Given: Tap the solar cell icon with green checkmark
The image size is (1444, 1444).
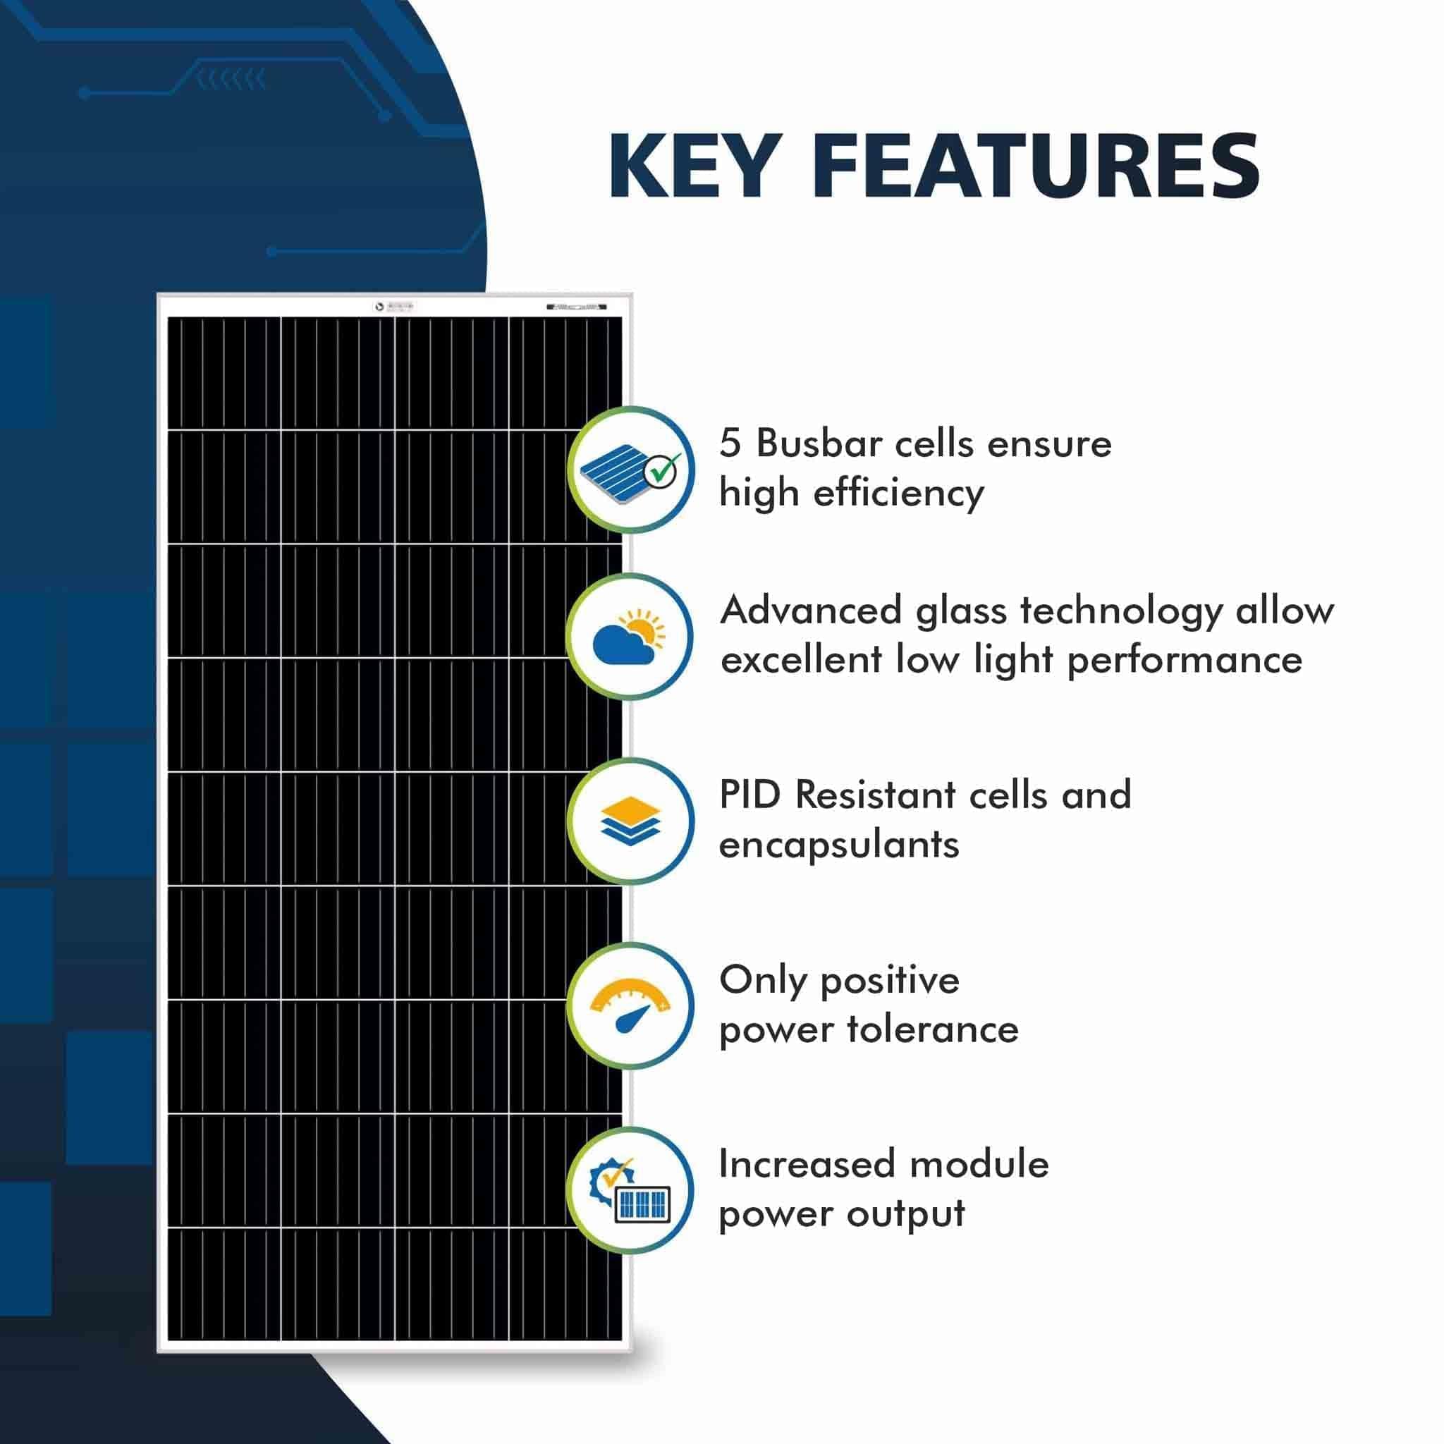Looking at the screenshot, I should pos(630,470).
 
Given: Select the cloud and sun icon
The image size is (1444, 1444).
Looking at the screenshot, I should pos(630,637).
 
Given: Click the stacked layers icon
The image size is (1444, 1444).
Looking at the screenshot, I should pos(630,821).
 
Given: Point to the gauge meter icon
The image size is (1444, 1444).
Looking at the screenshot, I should pos(630,1005).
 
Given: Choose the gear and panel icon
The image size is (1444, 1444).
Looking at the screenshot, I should pos(630,1190).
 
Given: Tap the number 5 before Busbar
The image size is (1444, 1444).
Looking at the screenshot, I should pos(730,443).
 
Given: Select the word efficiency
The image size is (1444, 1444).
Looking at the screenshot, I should pos(898,494).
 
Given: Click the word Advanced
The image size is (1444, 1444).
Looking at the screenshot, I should pos(811,610).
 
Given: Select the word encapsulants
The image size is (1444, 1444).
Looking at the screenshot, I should pos(838,845).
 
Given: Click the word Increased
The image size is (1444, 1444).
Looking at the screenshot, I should pos(807,1165).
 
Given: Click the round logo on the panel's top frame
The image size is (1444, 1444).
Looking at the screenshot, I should pos(379,307).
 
